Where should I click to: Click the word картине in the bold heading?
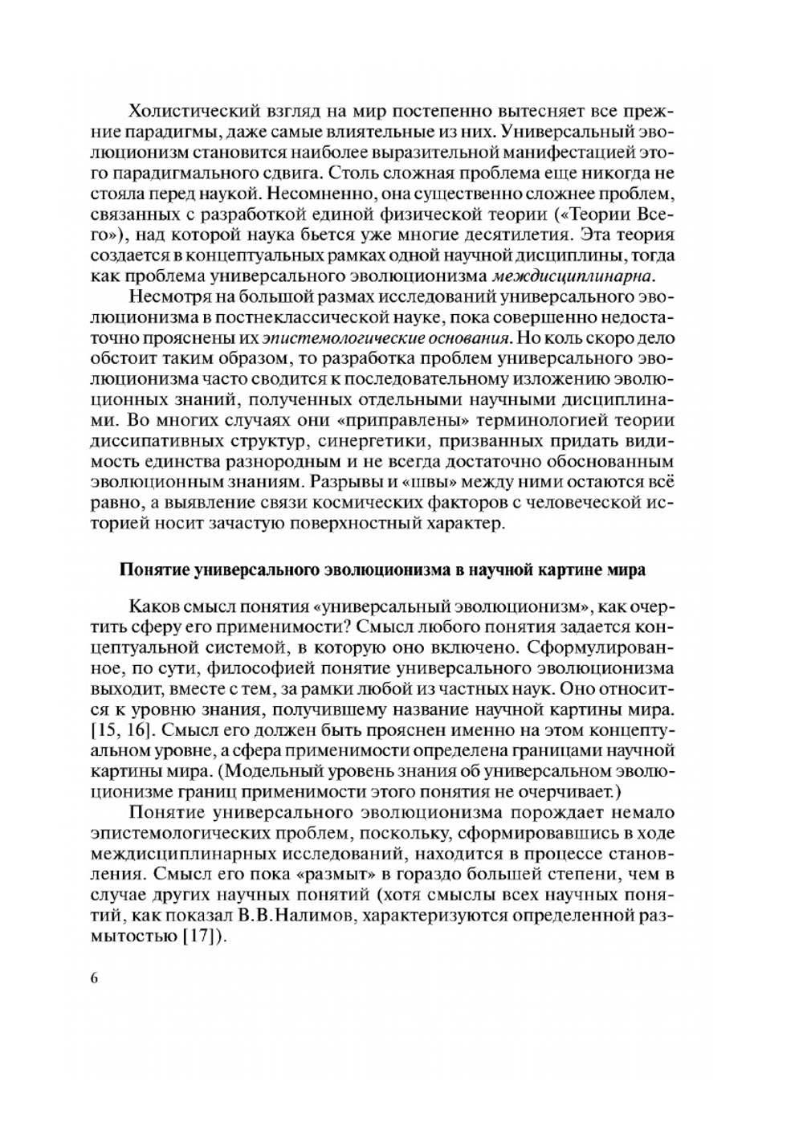pos(571,570)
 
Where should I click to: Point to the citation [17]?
pos(204,937)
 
